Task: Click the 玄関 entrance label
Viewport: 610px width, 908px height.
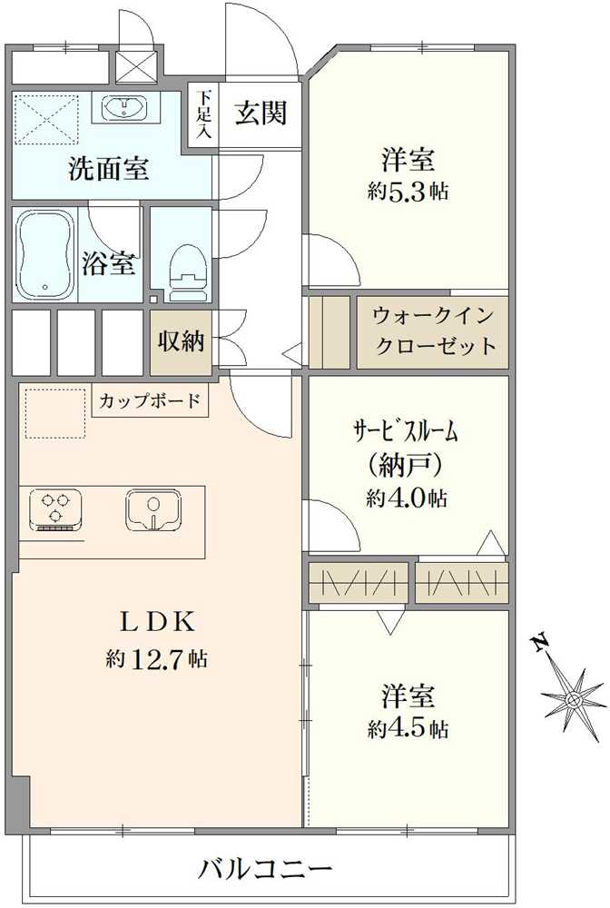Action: click(x=261, y=113)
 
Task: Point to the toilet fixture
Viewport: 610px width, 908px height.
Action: click(x=189, y=263)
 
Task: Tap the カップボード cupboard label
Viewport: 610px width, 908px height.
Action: click(x=150, y=400)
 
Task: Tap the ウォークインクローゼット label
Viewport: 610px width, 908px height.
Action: click(x=434, y=331)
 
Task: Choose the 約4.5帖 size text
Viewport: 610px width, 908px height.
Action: click(x=408, y=728)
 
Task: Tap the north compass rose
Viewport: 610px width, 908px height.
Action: click(x=573, y=698)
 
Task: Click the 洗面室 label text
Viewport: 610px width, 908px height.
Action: click(x=109, y=169)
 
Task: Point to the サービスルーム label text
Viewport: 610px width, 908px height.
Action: click(x=406, y=432)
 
